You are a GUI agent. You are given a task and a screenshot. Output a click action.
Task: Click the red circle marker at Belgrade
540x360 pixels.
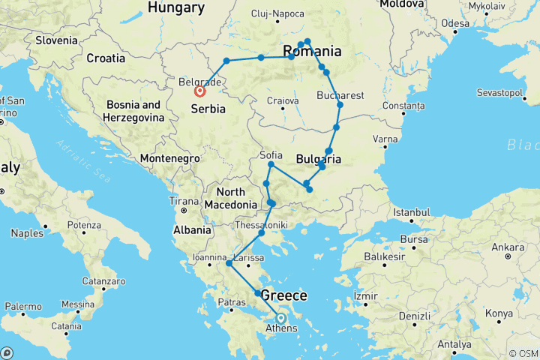click(x=199, y=91)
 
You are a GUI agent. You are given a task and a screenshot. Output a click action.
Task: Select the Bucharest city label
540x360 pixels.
click(x=340, y=96)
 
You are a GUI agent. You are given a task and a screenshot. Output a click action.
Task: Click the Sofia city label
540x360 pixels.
click(x=271, y=155)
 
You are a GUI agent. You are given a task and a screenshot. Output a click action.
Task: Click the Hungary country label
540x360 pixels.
click(x=176, y=7)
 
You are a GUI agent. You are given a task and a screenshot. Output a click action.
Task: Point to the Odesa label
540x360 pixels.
click(x=455, y=23)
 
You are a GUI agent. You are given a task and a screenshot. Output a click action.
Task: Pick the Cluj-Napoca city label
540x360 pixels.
click(x=278, y=13)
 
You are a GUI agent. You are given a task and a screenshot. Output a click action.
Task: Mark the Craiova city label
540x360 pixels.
click(x=283, y=100)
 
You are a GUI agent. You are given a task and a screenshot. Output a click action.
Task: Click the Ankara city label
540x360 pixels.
click(x=508, y=247)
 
